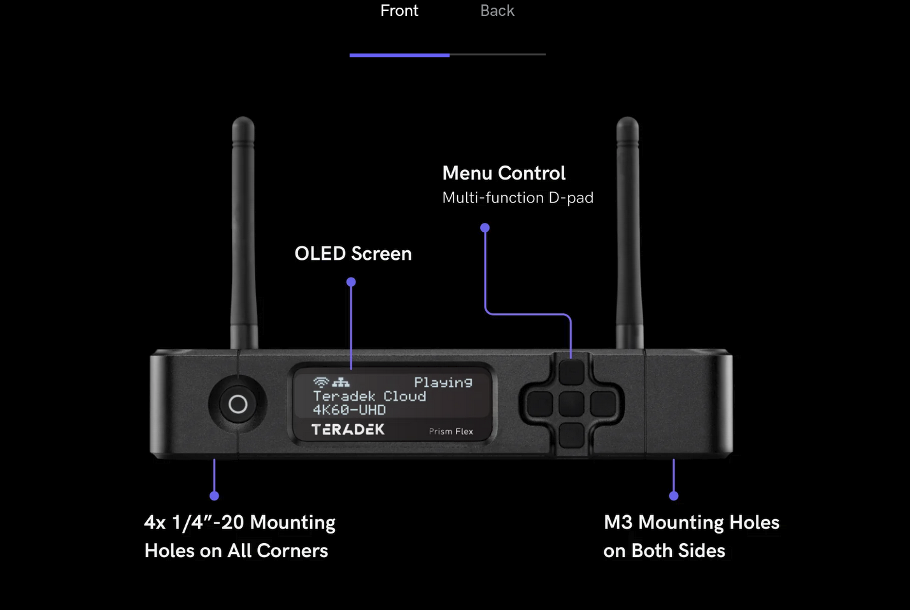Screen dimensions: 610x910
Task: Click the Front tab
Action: (x=399, y=11)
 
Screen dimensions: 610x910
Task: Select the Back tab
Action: (x=497, y=11)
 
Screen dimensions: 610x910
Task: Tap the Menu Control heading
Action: (x=504, y=173)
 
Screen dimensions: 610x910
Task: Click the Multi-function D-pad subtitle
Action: (x=518, y=198)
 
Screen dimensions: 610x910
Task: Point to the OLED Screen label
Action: (x=353, y=253)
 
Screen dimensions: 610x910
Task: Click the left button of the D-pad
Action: (x=540, y=404)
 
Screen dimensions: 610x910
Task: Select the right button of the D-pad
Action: (x=602, y=404)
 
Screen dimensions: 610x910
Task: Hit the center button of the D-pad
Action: (x=571, y=404)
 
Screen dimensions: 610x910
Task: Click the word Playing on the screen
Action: (x=443, y=382)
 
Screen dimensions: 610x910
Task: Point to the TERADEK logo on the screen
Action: (x=348, y=430)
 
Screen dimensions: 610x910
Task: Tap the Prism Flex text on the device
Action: (x=451, y=432)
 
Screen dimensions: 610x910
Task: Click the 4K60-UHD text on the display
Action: (x=350, y=410)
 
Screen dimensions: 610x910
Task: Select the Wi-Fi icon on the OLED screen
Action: (x=321, y=382)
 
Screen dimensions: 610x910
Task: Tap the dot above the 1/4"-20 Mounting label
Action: (x=215, y=495)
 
